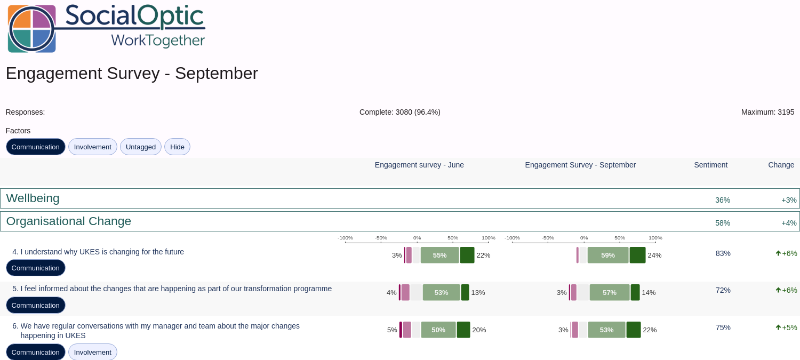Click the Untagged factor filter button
click(x=141, y=147)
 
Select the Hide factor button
click(x=177, y=147)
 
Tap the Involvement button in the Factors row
click(x=92, y=147)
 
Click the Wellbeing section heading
click(x=33, y=198)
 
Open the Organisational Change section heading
click(x=69, y=221)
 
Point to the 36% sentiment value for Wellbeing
click(x=723, y=200)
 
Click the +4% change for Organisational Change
click(x=789, y=223)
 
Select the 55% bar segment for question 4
click(x=439, y=255)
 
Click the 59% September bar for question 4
click(x=608, y=255)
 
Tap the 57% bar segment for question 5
click(x=609, y=292)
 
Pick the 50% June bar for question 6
click(x=438, y=330)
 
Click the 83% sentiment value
click(x=723, y=253)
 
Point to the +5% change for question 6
click(x=787, y=327)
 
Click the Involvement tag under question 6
click(x=92, y=352)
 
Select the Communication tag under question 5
click(x=35, y=306)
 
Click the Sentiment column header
click(x=711, y=165)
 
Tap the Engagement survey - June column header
click(x=419, y=165)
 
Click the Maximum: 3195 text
click(x=768, y=112)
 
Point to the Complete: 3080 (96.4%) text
click(x=399, y=112)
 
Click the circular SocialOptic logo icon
click(x=32, y=29)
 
